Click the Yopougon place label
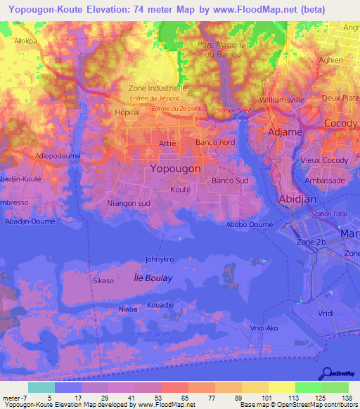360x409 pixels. tap(175, 169)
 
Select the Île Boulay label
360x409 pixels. tap(153, 278)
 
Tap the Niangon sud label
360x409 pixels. tap(129, 204)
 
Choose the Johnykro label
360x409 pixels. tap(159, 259)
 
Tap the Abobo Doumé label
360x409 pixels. tap(250, 226)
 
